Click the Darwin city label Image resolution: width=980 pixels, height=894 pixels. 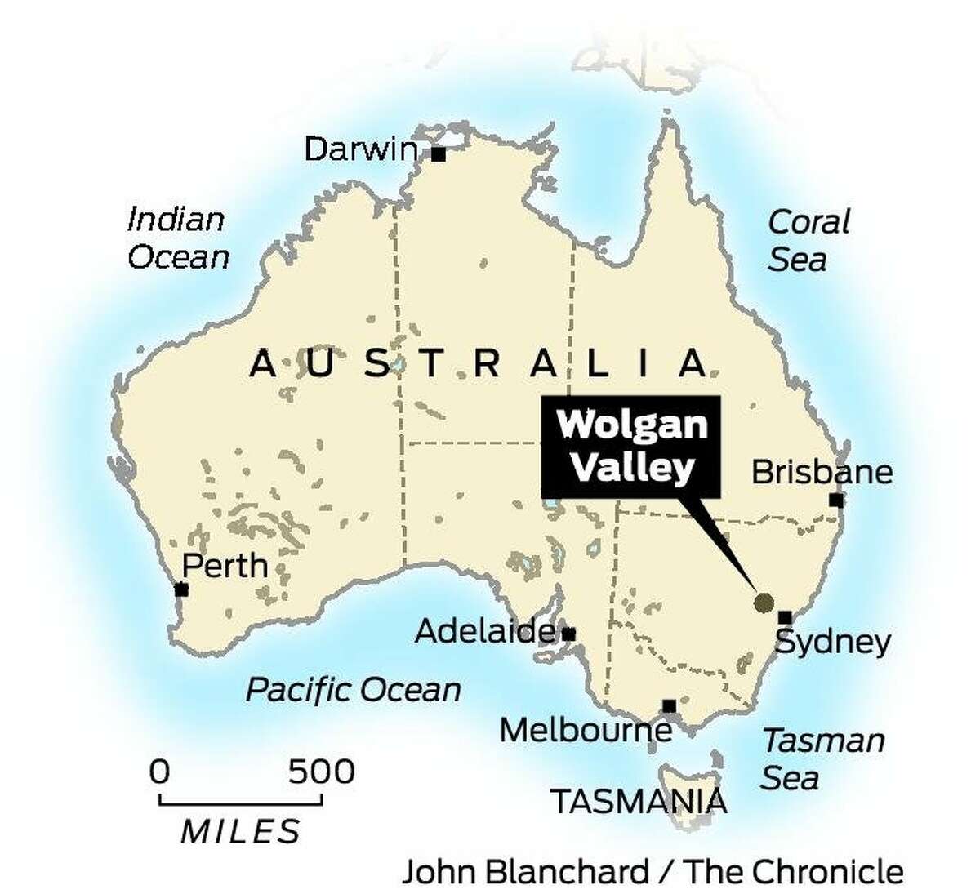360,149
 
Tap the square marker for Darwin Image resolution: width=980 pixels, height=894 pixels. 439,154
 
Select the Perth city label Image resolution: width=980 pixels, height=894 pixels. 225,565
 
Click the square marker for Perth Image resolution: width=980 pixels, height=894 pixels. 181,589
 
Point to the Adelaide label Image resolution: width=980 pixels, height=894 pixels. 485,631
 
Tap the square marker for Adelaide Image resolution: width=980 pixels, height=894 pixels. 569,634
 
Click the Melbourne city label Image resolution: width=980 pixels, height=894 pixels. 585,730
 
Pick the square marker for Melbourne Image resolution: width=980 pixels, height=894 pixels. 670,705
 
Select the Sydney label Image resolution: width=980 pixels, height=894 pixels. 832,643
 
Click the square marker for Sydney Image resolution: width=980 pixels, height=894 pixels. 785,617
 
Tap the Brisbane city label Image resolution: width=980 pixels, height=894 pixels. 822,472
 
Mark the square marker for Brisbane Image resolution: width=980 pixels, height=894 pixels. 835,500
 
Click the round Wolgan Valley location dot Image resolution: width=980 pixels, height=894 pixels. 764,603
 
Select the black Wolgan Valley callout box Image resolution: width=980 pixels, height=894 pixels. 630,447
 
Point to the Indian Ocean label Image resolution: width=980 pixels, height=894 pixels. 178,238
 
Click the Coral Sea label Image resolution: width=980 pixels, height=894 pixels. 808,241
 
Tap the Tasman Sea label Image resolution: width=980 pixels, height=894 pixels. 822,759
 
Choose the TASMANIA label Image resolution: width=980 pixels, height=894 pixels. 638,802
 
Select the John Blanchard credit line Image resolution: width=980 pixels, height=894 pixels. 653,871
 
